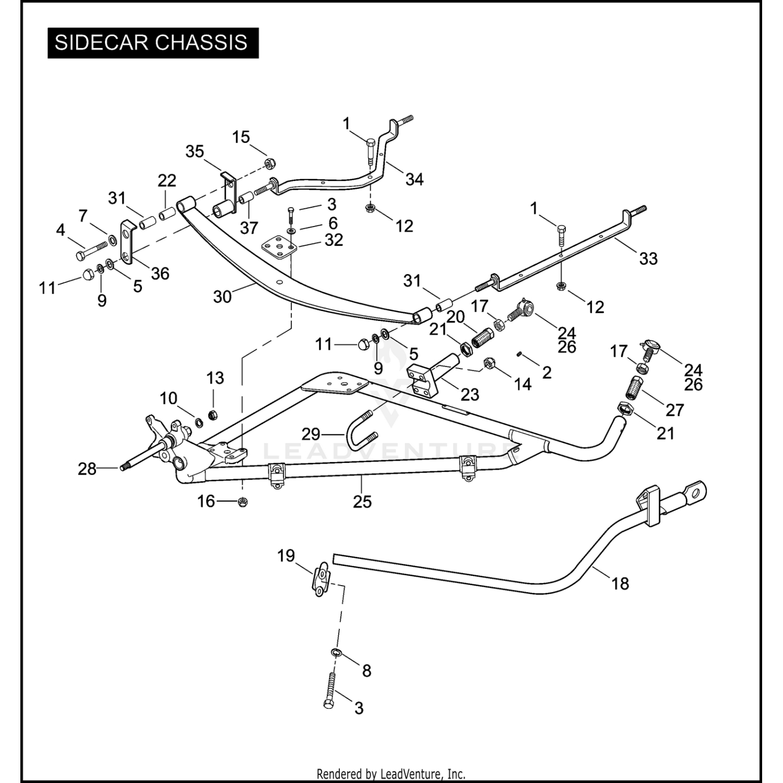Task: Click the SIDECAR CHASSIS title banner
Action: pyautogui.click(x=153, y=43)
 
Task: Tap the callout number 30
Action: pyautogui.click(x=222, y=296)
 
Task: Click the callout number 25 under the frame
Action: pyautogui.click(x=362, y=502)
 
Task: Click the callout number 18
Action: pyautogui.click(x=620, y=583)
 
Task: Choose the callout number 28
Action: pyautogui.click(x=87, y=469)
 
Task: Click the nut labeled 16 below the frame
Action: pyautogui.click(x=242, y=502)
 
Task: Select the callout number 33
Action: pyautogui.click(x=648, y=258)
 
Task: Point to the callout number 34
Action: pyautogui.click(x=414, y=179)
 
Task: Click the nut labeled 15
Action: pyautogui.click(x=270, y=164)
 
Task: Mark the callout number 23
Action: pyautogui.click(x=469, y=395)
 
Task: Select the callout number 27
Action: pyautogui.click(x=674, y=410)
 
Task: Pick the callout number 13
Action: pyautogui.click(x=215, y=378)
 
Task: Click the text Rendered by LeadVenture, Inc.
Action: pyautogui.click(x=391, y=774)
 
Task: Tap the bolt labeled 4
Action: pyautogui.click(x=92, y=251)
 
